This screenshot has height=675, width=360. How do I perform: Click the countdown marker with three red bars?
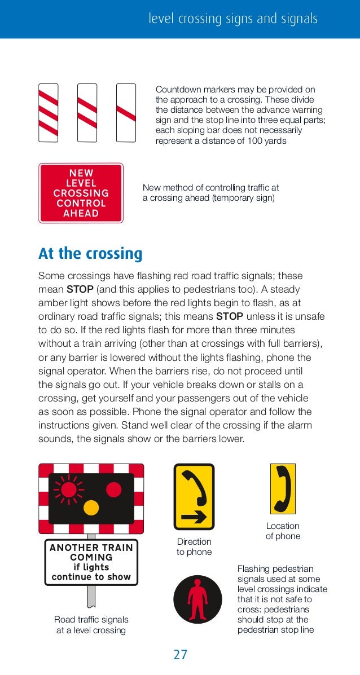click(49, 113)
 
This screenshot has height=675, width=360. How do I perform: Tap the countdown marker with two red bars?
click(87, 113)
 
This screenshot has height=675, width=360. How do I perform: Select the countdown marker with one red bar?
click(126, 113)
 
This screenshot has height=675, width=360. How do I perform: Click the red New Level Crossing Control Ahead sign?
click(81, 193)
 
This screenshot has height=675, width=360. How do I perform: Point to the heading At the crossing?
click(90, 254)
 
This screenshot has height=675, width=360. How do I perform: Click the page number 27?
click(180, 655)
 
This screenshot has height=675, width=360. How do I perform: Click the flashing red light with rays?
click(68, 489)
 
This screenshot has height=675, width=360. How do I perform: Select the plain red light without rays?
click(113, 489)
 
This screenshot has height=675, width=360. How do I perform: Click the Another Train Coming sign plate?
click(91, 562)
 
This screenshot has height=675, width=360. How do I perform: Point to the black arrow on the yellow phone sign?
click(194, 517)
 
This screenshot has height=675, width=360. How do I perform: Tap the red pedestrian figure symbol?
click(194, 599)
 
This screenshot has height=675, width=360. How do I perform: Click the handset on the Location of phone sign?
click(283, 488)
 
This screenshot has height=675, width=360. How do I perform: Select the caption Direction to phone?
click(194, 547)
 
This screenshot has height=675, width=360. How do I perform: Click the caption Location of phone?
click(283, 531)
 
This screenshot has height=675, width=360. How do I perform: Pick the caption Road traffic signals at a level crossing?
click(91, 625)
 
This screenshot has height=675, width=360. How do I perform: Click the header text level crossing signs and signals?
click(233, 19)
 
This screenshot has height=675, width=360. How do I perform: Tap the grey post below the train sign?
click(91, 595)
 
